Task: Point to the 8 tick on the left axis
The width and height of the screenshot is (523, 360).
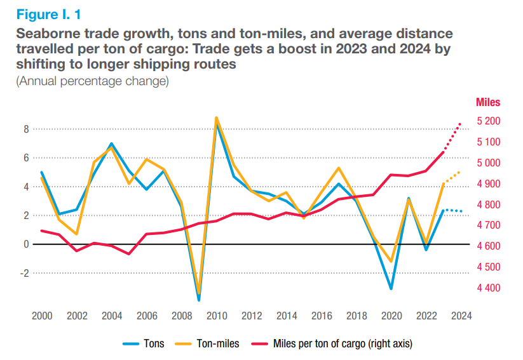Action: coord(27,129)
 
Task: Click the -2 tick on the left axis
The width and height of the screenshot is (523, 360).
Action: coord(25,273)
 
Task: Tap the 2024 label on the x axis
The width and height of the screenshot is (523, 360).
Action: coord(461,316)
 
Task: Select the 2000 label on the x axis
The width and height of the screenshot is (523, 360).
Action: coord(42,316)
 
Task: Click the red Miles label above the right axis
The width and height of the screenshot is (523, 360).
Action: coord(488,102)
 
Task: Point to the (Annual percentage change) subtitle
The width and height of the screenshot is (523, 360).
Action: coord(93,81)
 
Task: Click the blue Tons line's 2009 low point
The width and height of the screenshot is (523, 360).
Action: coord(199,300)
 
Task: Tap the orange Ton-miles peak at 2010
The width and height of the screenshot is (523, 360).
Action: coord(216,117)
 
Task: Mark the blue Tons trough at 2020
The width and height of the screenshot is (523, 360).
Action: coord(391,289)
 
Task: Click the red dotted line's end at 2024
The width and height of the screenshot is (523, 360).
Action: coord(461,123)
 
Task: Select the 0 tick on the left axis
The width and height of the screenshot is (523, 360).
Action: coord(27,244)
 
